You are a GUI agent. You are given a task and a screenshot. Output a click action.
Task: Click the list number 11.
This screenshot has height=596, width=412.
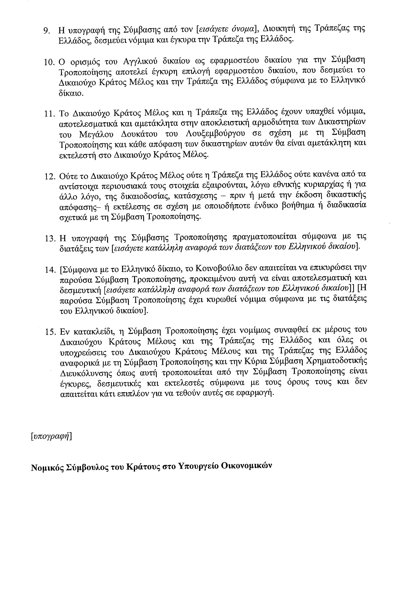pyautogui.click(x=49, y=114)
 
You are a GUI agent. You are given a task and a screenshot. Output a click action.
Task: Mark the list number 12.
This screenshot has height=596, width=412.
pyautogui.click(x=49, y=177)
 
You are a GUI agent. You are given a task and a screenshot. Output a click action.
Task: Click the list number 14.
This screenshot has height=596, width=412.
pyautogui.click(x=49, y=270)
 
